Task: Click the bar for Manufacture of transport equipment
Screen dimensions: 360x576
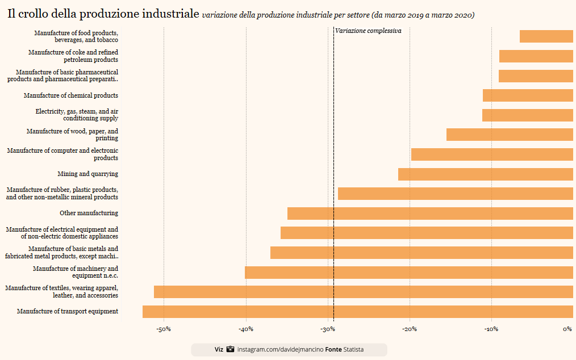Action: pos(358,311)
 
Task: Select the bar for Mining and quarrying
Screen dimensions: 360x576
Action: pos(486,174)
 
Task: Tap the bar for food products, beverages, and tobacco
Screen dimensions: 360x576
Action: pos(546,36)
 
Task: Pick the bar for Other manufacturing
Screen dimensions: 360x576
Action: pos(430,214)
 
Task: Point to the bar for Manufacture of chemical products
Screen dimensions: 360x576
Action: pos(528,95)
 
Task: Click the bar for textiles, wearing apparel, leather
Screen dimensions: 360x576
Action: pos(364,292)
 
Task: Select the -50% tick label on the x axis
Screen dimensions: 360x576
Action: pos(164,329)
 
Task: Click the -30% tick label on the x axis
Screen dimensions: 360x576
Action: pos(328,329)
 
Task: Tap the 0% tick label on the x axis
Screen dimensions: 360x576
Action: pos(567,329)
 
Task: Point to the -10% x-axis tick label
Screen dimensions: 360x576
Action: pos(491,329)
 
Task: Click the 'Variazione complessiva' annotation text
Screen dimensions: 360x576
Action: pos(368,31)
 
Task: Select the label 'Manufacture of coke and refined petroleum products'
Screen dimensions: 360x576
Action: pos(73,56)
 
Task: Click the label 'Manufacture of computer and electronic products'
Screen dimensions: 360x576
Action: pos(62,154)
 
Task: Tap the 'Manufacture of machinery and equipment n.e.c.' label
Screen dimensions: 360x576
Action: pos(76,272)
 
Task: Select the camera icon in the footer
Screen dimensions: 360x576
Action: pos(230,349)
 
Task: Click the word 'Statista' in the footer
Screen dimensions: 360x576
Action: pos(353,349)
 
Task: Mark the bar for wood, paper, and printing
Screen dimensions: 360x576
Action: pos(510,135)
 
